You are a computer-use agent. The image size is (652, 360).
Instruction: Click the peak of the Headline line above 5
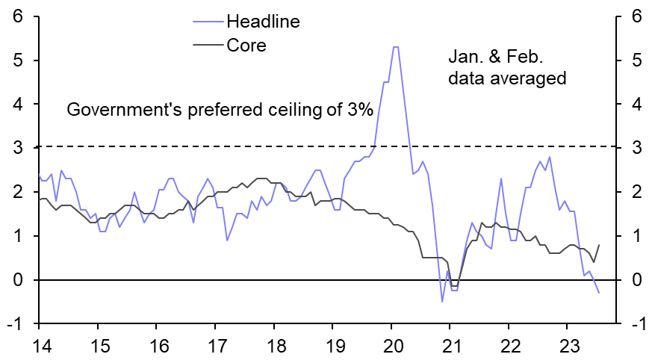[395, 47]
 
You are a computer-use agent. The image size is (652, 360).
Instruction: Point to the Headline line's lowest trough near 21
[442, 302]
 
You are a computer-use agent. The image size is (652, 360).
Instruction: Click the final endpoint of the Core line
[599, 245]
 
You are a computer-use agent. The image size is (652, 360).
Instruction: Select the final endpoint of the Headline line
[599, 293]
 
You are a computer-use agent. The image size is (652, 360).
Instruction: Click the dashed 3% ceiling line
[224, 147]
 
